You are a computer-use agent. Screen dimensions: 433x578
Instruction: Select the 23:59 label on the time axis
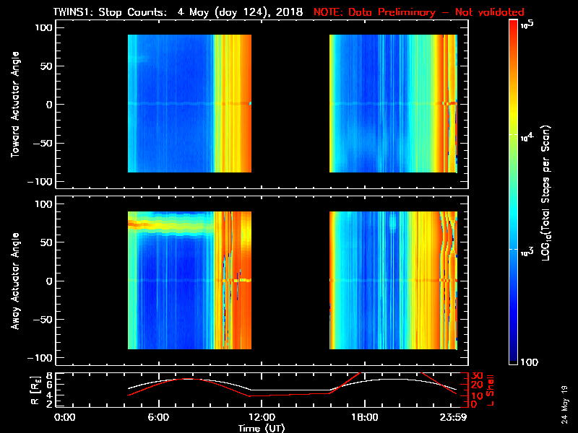point(455,417)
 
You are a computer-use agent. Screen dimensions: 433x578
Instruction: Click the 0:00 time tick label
point(65,417)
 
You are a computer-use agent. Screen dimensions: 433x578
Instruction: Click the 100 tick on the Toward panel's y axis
point(46,27)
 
